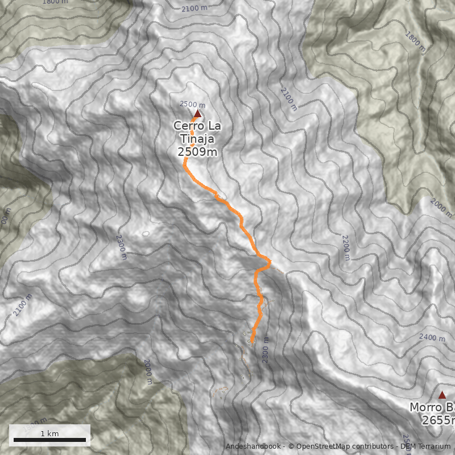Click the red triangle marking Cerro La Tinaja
[x=197, y=114]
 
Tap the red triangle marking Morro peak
[x=442, y=395]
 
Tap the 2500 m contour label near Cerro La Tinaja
[x=192, y=104]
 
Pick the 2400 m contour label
[x=432, y=337]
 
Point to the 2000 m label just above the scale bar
[x=147, y=372]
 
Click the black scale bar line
[x=49, y=440]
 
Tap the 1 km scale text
[x=49, y=433]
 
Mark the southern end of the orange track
[x=251, y=341]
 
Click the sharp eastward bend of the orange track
[x=270, y=262]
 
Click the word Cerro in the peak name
[x=189, y=125]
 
